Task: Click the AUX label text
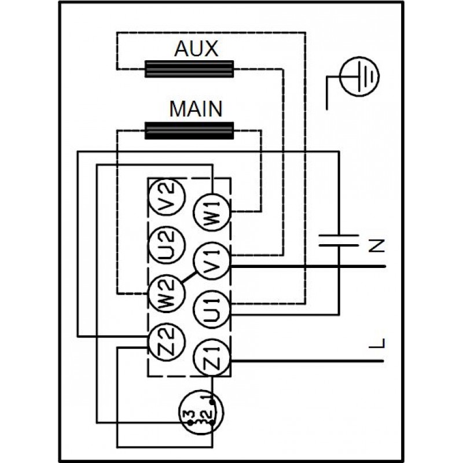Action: pos(196,49)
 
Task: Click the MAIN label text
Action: pos(196,108)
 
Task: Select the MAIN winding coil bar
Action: pos(189,130)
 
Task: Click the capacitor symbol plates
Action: pos(339,240)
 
